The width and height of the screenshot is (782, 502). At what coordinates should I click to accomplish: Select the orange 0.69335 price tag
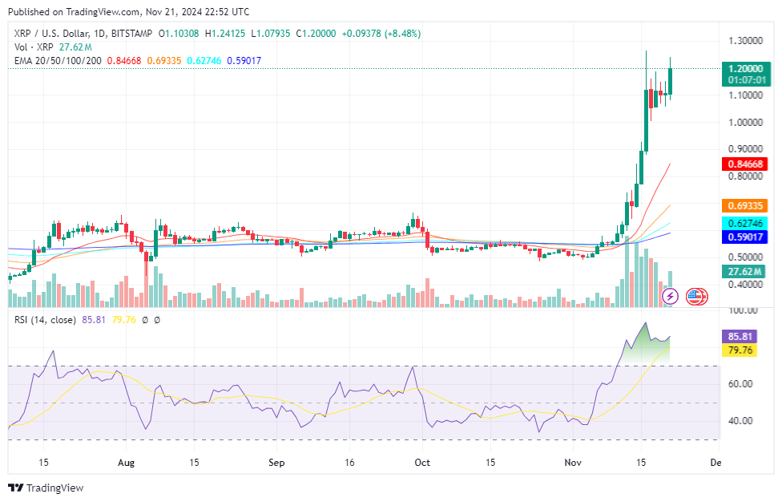[745, 205]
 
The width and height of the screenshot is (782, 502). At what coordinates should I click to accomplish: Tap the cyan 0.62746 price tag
[745, 223]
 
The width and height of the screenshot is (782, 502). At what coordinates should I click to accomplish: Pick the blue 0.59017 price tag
[745, 237]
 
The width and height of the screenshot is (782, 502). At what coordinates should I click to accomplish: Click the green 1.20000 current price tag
[745, 69]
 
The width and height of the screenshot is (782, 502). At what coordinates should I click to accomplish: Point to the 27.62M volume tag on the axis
[745, 272]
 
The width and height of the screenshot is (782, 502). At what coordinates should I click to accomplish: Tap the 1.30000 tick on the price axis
[745, 41]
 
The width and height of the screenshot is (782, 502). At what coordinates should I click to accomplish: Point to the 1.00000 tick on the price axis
[745, 123]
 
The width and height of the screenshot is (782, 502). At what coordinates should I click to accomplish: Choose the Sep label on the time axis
[276, 463]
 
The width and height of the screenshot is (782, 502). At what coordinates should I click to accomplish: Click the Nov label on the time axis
[572, 463]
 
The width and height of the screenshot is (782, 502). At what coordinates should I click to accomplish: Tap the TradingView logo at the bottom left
[46, 488]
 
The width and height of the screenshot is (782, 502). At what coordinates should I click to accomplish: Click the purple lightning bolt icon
[671, 297]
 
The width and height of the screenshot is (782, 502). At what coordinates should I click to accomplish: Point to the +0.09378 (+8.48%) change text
[381, 34]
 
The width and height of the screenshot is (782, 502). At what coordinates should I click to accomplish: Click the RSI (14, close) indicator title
[45, 320]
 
